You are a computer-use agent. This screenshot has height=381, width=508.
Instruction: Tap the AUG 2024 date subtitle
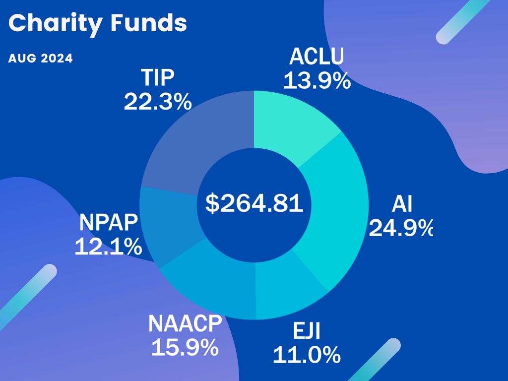tap(41, 59)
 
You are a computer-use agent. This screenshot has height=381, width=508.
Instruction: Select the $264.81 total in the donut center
tap(254, 203)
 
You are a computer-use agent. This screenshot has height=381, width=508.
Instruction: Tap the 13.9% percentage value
tap(317, 80)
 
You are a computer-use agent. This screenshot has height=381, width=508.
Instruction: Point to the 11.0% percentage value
tap(307, 355)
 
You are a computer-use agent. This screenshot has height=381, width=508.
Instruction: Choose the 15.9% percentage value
tap(185, 347)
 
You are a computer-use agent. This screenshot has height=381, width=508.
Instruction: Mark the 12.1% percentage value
tap(108, 247)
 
